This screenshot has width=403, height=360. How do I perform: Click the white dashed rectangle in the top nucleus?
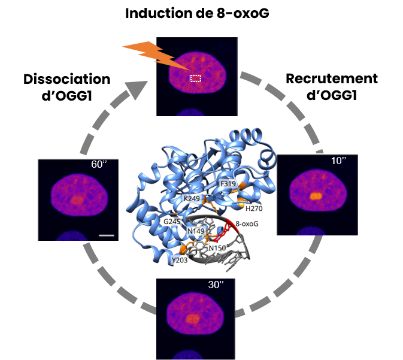196,78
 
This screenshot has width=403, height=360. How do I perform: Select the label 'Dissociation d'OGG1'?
66,87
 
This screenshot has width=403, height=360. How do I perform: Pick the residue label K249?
191,198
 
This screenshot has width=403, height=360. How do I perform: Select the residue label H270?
254,208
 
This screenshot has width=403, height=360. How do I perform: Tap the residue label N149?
195,229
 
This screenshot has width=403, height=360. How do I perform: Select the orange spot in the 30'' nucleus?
192,319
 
